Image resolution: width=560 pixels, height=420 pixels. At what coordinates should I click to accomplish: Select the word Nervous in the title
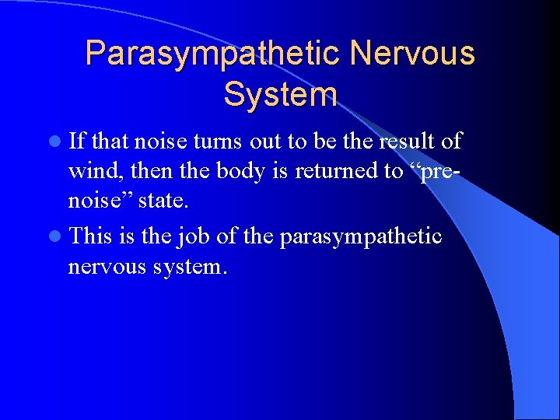pos(412,54)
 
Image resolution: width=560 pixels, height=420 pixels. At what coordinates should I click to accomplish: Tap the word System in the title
pos(280,94)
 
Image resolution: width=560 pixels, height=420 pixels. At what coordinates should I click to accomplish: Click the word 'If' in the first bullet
pos(77,141)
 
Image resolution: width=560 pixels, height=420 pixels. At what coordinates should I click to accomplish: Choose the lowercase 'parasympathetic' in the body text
pos(360,236)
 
